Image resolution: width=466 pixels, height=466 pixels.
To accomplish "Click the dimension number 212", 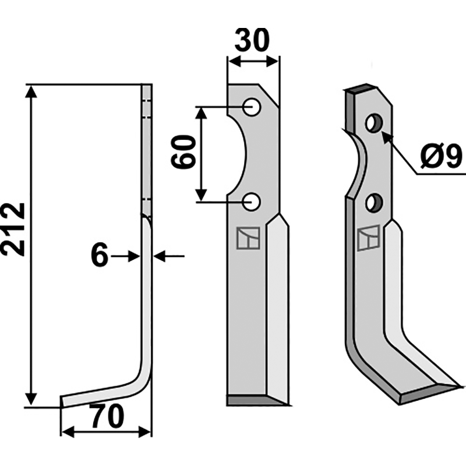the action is [13, 229].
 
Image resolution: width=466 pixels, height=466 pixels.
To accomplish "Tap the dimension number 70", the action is [108, 416].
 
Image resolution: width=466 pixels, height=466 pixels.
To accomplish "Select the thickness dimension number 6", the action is [99, 255].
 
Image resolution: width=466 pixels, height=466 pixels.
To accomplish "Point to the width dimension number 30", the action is [252, 40].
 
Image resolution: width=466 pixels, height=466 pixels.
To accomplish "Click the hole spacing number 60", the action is [183, 152].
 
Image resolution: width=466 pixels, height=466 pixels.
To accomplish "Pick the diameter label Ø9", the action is [441, 157].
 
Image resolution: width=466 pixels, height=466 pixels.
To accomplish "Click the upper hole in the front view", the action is [252, 107].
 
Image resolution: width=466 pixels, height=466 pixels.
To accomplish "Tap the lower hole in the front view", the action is [252, 202].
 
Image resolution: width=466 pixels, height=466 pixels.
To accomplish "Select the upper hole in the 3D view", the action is [374, 122].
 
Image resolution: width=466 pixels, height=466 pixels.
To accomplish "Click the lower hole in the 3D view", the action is [374, 203].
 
